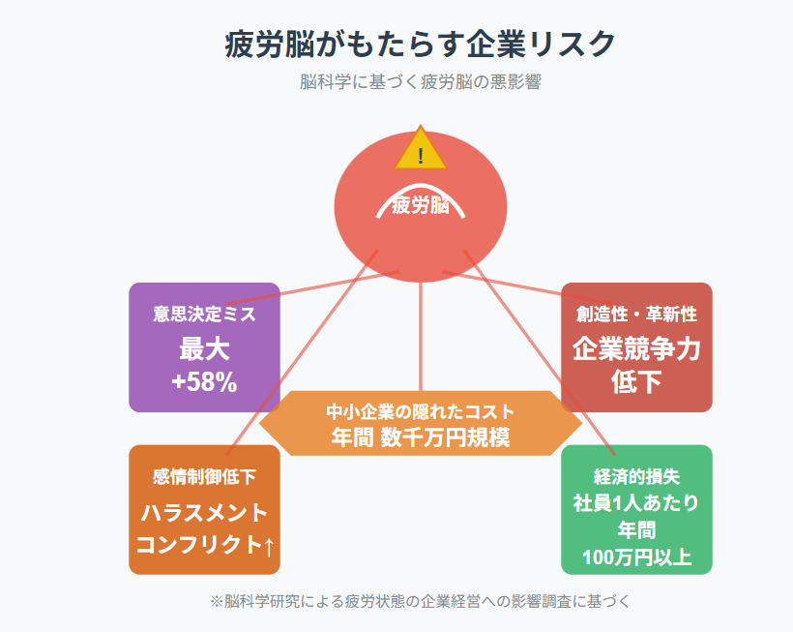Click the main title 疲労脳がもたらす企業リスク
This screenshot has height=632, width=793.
pyautogui.click(x=421, y=44)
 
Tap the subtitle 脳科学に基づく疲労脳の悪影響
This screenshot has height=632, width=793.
pyautogui.click(x=421, y=81)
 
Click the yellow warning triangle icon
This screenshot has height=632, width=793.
pyautogui.click(x=421, y=148)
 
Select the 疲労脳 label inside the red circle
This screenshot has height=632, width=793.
pyautogui.click(x=421, y=205)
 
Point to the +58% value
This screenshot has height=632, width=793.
pyautogui.click(x=204, y=381)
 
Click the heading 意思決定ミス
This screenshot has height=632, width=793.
pyautogui.click(x=204, y=315)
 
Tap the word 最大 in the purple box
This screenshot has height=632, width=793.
pyautogui.click(x=204, y=349)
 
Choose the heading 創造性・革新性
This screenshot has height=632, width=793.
pyautogui.click(x=636, y=315)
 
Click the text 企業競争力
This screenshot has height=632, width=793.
pyautogui.click(x=636, y=349)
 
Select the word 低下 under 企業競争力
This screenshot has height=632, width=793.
pyautogui.click(x=636, y=382)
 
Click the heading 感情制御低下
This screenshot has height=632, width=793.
pyautogui.click(x=204, y=476)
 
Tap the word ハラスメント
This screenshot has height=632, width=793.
pyautogui.click(x=204, y=513)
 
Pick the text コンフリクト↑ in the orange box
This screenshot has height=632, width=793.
pyautogui.click(x=205, y=545)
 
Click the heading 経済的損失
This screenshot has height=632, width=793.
pyautogui.click(x=636, y=476)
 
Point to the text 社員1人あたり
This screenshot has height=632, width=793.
pyautogui.click(x=636, y=503)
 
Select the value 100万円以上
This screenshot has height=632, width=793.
pyautogui.click(x=636, y=557)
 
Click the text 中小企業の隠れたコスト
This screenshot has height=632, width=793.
pyautogui.click(x=421, y=412)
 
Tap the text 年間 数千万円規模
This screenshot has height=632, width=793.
pyautogui.click(x=421, y=437)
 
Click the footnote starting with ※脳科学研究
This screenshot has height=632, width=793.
pyautogui.click(x=421, y=601)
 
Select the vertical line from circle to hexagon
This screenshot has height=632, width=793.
pyautogui.click(x=421, y=337)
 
